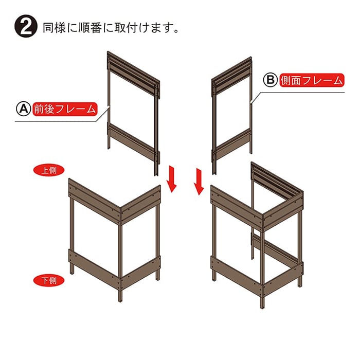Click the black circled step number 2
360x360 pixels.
click(x=26, y=26)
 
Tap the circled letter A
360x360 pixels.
click(x=24, y=109)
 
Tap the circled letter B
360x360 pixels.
click(x=270, y=80)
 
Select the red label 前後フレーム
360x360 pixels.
click(x=65, y=109)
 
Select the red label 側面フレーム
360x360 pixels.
click(x=312, y=80)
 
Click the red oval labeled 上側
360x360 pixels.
click(x=49, y=170)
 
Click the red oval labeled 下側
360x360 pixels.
click(x=49, y=280)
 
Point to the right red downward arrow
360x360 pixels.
click(x=199, y=182)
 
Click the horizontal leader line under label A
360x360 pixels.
click(x=56, y=121)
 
